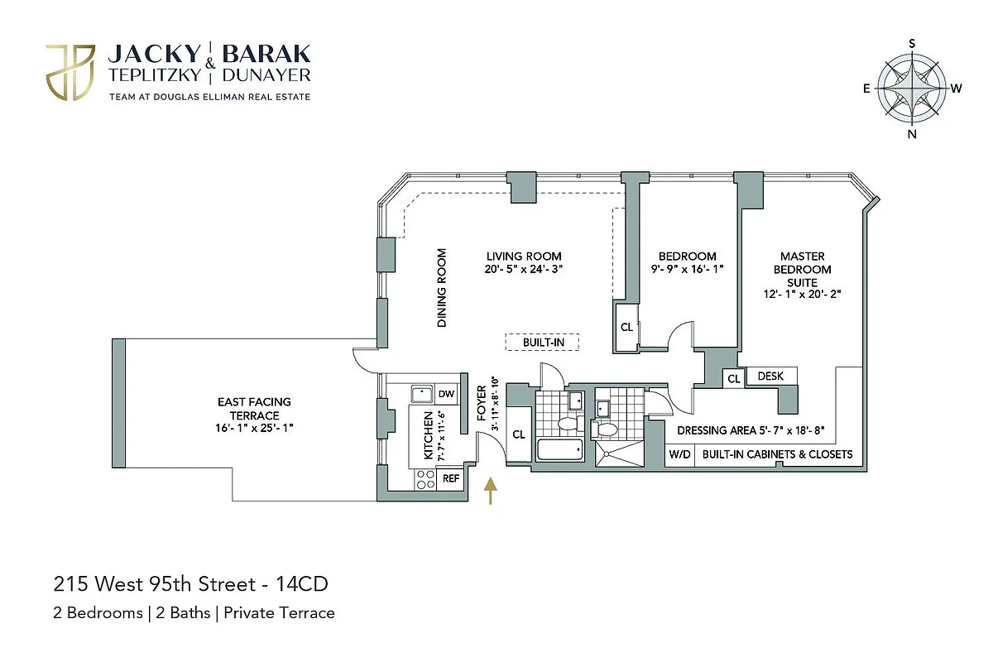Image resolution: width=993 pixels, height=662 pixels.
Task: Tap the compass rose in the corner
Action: coord(912,89)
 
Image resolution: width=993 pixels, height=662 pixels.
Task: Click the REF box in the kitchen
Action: coord(451,478)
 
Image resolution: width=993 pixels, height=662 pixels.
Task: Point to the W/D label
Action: coord(680,454)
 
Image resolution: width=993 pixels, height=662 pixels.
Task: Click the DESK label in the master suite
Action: coord(770,377)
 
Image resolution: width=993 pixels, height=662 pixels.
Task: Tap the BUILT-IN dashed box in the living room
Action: coord(542,342)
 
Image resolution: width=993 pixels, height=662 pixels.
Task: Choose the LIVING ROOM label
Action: coord(524,257)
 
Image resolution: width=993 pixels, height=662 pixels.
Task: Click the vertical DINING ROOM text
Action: coord(442,288)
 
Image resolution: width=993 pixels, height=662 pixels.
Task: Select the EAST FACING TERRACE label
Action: coord(254,408)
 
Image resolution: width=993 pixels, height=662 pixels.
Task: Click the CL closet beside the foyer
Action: coord(519,434)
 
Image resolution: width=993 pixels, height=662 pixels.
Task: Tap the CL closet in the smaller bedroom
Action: coord(626,327)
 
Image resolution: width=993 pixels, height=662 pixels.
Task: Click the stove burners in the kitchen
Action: coord(425,478)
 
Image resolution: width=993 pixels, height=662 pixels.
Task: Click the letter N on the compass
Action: coord(912,135)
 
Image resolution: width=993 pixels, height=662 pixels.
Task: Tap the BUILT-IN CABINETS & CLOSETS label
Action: coord(777,454)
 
